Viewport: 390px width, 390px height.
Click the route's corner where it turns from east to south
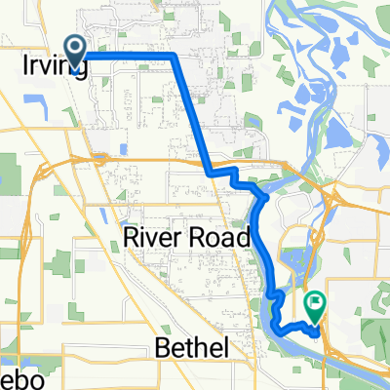pos(174,56)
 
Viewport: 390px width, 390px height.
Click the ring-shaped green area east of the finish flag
pos(370,331)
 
